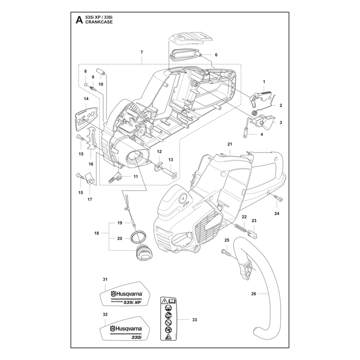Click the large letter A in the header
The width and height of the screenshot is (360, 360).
coord(79,20)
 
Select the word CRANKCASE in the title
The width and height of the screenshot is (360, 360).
coord(99,22)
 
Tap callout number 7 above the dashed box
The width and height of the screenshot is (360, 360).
coord(142,52)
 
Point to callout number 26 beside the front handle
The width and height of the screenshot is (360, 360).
coord(253,294)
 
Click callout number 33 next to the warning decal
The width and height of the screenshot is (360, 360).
coord(194,319)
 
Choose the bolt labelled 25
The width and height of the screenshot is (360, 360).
coord(226,252)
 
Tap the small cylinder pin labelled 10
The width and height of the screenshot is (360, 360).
coord(100,72)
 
